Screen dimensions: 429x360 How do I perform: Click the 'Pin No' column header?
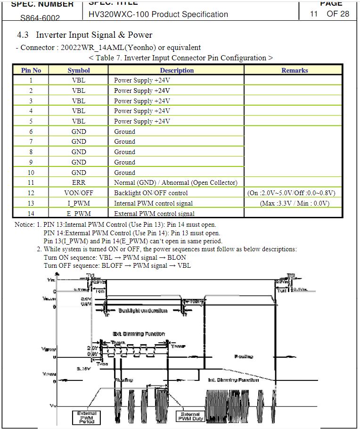click(x=31, y=70)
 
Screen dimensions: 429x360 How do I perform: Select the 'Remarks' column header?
click(x=295, y=70)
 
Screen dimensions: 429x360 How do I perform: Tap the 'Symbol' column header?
click(x=79, y=70)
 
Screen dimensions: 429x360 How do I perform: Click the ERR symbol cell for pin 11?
click(x=79, y=182)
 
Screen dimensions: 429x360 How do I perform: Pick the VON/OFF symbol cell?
click(x=79, y=193)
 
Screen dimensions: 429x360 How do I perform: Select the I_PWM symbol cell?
click(x=79, y=203)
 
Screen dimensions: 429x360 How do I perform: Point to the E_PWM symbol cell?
click(x=79, y=214)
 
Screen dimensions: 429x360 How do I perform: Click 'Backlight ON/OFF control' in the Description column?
click(x=151, y=193)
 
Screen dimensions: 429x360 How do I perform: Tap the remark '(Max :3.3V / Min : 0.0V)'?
click(x=295, y=203)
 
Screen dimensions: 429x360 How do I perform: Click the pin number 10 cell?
click(x=31, y=173)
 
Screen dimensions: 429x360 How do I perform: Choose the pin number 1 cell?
click(x=31, y=80)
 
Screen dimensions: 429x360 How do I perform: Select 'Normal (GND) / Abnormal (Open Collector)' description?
click(x=176, y=182)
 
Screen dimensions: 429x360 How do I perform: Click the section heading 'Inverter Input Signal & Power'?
click(x=94, y=35)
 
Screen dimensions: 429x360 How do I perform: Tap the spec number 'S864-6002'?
click(x=40, y=18)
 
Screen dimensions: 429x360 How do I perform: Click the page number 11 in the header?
click(x=314, y=14)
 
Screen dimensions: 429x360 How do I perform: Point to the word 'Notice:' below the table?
click(x=25, y=224)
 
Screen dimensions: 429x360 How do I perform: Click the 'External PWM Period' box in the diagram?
click(x=87, y=416)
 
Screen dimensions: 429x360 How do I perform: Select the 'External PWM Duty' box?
click(x=190, y=416)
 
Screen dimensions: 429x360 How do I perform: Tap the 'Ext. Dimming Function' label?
click(x=139, y=334)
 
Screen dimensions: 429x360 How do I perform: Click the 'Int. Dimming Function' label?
click(x=233, y=379)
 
